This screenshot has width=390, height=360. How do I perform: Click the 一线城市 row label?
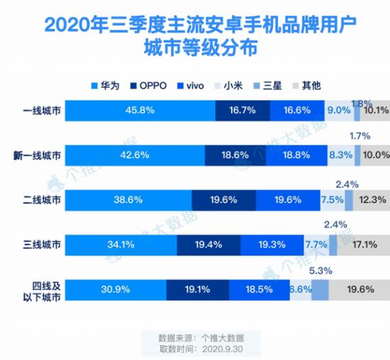(x=43, y=111)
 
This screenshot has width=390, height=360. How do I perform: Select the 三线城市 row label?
(x=43, y=244)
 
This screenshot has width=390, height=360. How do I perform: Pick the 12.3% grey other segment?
(x=371, y=200)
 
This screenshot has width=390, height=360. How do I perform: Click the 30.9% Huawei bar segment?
(x=118, y=289)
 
